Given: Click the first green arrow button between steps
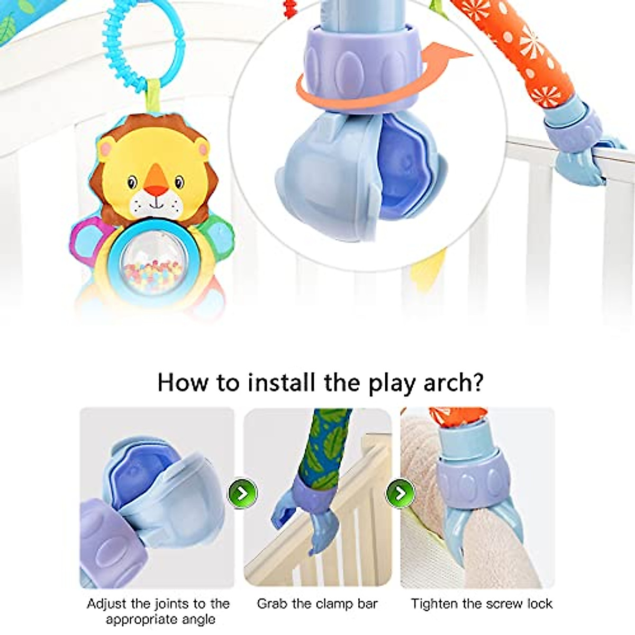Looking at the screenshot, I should pyautogui.click(x=242, y=493).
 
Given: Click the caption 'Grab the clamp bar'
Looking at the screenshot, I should pyautogui.click(x=317, y=604).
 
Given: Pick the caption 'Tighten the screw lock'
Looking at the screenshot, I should pyautogui.click(x=482, y=604).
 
